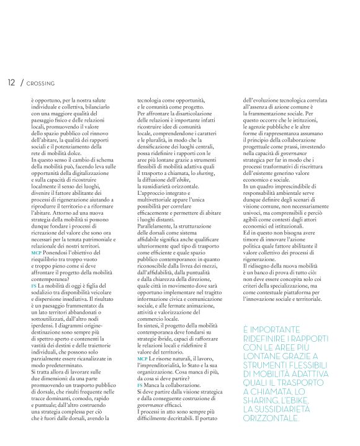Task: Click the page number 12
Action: coord(11,83)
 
